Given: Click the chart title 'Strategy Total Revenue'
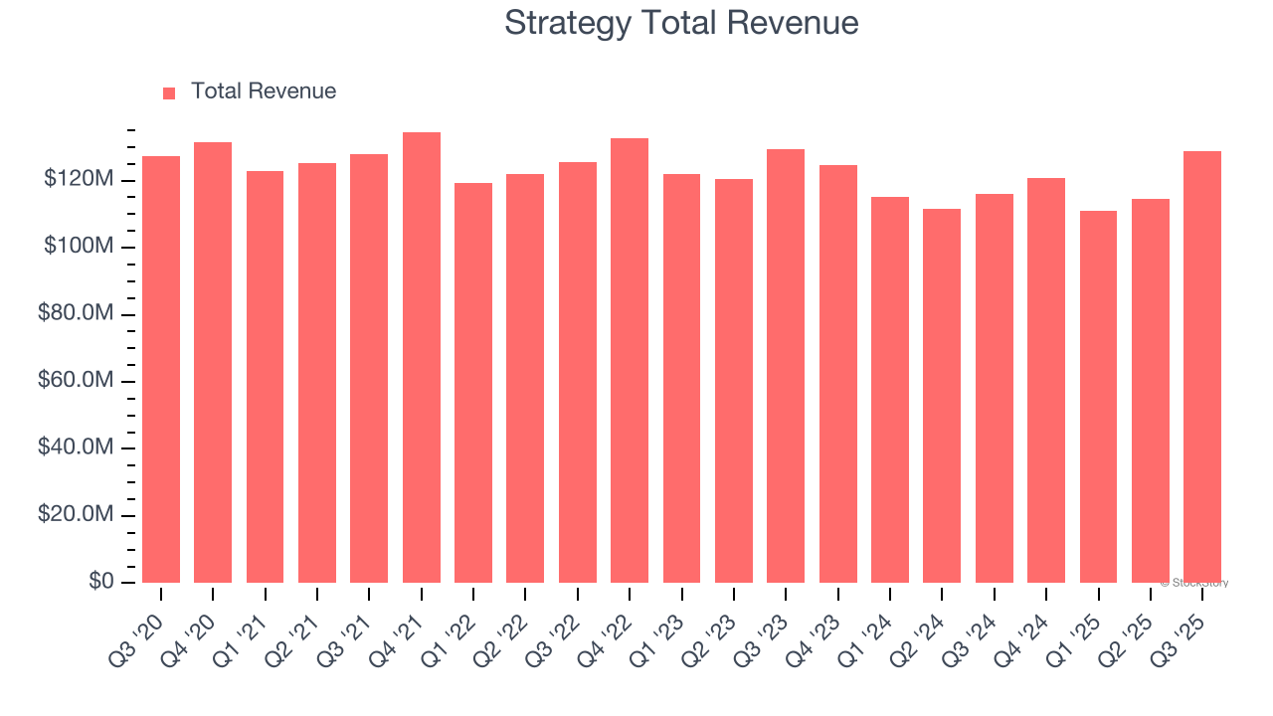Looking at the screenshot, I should pyautogui.click(x=681, y=23).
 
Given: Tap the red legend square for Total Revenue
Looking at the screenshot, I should pyautogui.click(x=169, y=92).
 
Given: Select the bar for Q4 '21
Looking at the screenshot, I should pyautogui.click(x=422, y=358).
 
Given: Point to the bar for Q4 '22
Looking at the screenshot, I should pyautogui.click(x=630, y=360).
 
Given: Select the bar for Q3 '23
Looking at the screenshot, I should pyautogui.click(x=786, y=366).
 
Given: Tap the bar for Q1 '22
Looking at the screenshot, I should pyautogui.click(x=473, y=383).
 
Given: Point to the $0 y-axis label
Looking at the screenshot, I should pyautogui.click(x=100, y=582).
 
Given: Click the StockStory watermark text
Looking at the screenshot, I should pyautogui.click(x=1194, y=583).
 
